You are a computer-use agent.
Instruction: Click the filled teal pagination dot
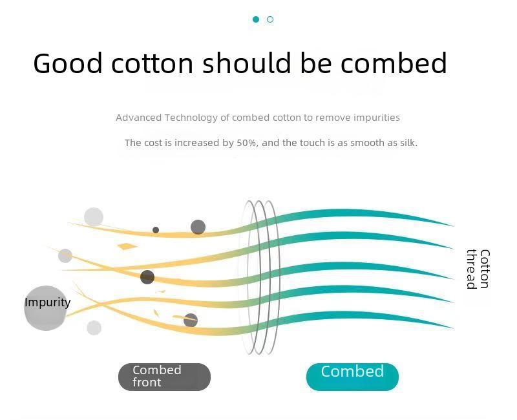[256, 19]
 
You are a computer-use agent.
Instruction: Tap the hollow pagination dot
[270, 19]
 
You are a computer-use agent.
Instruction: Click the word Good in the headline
[68, 63]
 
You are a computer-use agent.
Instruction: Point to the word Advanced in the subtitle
[138, 118]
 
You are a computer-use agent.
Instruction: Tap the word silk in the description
[408, 143]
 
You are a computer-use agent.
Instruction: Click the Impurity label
[47, 302]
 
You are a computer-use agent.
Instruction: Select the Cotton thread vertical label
[478, 269]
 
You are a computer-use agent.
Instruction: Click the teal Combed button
[352, 377]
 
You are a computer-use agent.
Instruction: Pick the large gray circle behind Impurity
[45, 308]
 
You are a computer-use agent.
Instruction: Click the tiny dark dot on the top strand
[156, 230]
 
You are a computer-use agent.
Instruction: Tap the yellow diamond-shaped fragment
[127, 246]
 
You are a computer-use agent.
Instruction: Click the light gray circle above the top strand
[94, 217]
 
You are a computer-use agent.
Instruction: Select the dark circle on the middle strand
[147, 277]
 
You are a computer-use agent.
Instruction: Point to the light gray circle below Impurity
[94, 328]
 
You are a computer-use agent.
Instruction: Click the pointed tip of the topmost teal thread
[454, 226]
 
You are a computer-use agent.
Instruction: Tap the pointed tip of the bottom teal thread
[454, 328]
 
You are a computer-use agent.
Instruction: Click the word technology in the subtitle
[191, 118]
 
